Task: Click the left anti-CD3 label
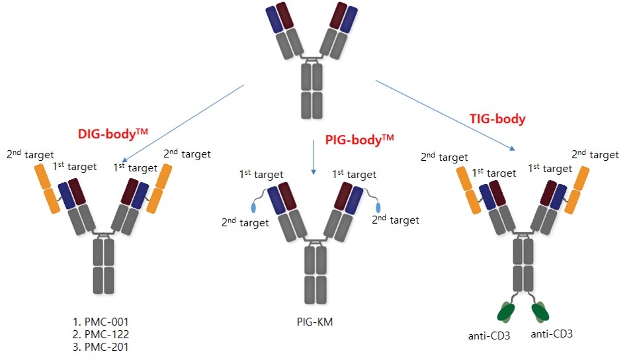pos(489,335)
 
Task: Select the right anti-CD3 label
pos(551,334)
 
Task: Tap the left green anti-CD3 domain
pos(508,311)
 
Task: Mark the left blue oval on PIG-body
pos(254,206)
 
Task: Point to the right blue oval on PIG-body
pos(378,206)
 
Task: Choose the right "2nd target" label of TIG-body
pos(595,155)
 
